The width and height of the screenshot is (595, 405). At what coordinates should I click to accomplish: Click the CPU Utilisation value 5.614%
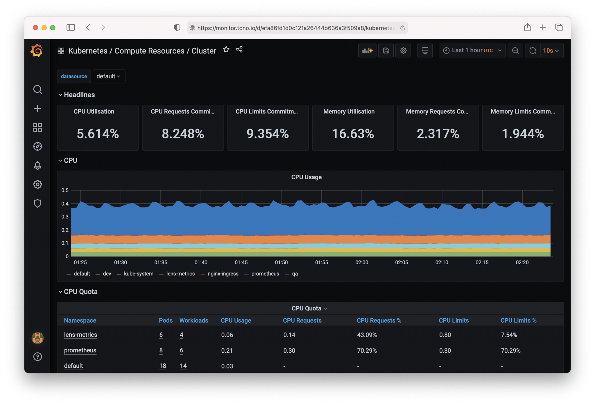(x=98, y=134)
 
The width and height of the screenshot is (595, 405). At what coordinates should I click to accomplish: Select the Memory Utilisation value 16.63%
(x=353, y=134)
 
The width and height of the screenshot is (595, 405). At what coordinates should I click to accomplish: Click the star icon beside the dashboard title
(x=226, y=50)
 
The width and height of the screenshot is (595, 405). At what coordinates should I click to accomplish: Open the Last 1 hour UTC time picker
(x=472, y=50)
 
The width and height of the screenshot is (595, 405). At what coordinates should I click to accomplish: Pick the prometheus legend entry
(x=265, y=274)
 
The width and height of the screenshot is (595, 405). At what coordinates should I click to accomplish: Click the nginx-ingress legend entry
(x=223, y=274)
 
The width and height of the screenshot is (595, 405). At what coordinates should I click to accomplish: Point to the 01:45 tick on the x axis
(x=241, y=262)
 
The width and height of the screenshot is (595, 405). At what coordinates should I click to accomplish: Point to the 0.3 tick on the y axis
(x=65, y=217)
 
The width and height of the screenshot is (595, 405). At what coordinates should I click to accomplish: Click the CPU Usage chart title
(x=306, y=177)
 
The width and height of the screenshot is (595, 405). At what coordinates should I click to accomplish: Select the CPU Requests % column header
(x=379, y=320)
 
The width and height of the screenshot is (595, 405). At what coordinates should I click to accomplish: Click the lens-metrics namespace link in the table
(x=80, y=335)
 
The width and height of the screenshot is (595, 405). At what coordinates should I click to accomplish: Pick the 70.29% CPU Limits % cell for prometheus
(x=510, y=350)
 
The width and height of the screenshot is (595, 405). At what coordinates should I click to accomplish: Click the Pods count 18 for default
(x=163, y=366)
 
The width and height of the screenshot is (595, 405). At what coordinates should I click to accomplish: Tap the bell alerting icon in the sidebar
(x=37, y=165)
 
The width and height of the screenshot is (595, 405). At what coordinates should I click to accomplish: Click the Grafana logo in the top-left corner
(x=37, y=50)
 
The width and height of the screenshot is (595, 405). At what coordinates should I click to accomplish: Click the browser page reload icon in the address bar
(x=402, y=28)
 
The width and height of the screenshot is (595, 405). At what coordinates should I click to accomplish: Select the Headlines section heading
(x=79, y=95)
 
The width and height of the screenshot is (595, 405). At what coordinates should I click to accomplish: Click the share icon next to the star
(x=239, y=49)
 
